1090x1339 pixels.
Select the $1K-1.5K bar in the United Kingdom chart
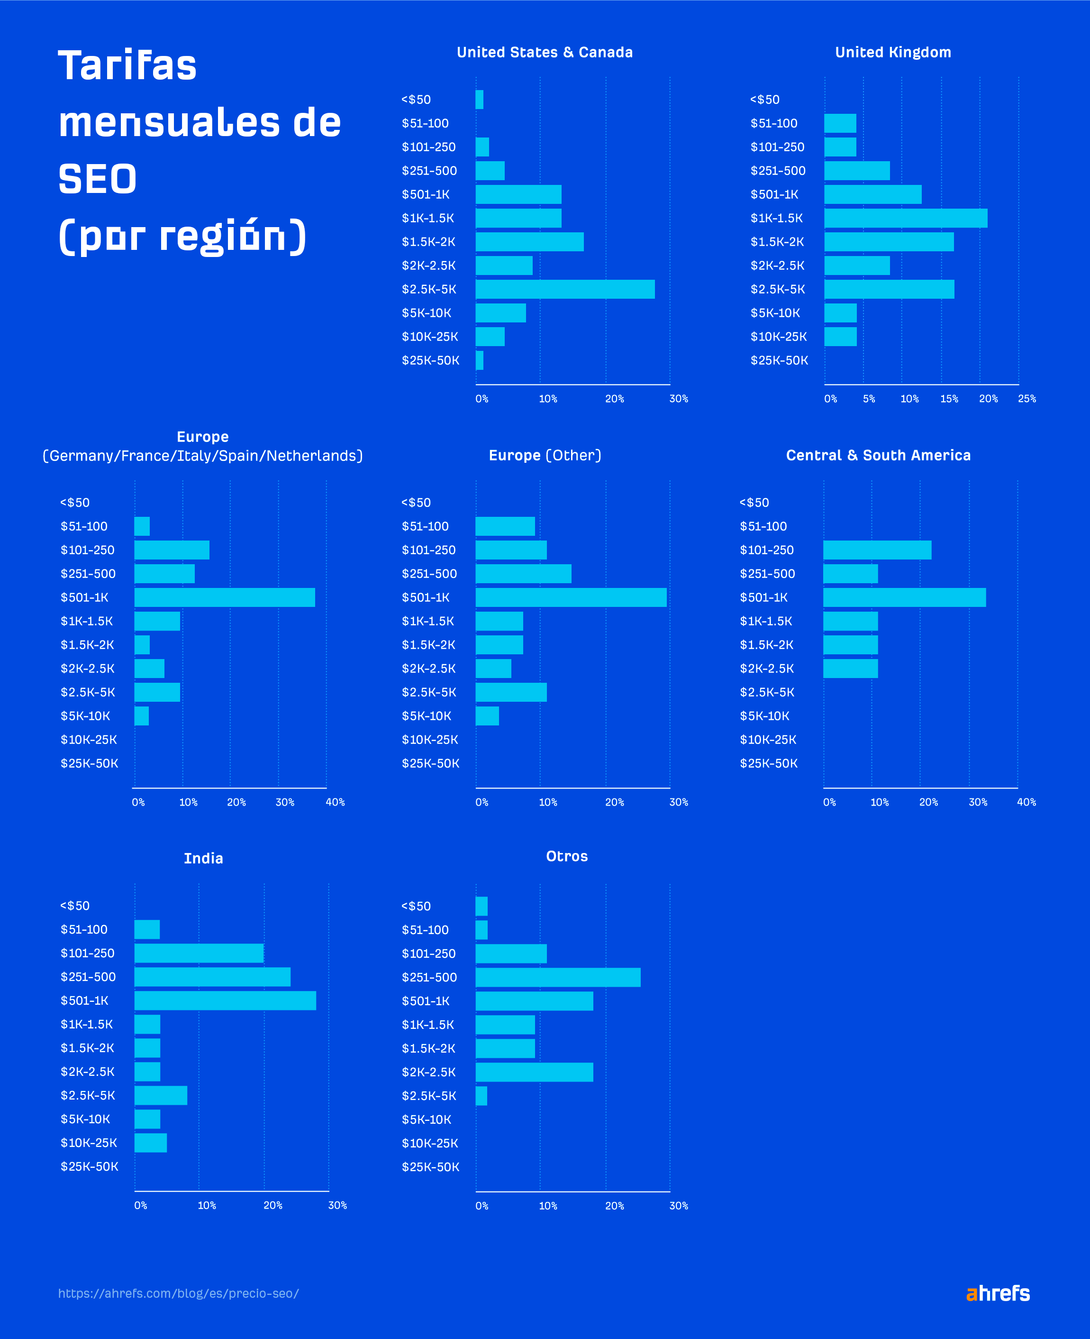(x=905, y=219)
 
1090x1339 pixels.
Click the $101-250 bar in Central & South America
(x=877, y=550)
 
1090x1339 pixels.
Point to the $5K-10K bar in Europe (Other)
(x=487, y=716)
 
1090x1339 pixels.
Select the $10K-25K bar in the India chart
(x=151, y=1142)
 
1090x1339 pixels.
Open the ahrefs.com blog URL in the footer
(x=178, y=1293)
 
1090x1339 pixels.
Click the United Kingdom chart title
(x=893, y=52)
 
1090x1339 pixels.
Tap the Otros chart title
(x=566, y=856)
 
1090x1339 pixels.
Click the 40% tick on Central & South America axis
(x=1026, y=802)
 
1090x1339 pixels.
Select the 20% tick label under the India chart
(x=272, y=1205)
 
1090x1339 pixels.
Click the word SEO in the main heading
(x=97, y=179)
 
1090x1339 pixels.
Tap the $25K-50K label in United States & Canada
(x=431, y=360)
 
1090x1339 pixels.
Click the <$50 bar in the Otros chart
(x=481, y=906)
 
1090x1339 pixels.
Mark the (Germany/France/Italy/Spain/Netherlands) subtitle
(x=202, y=456)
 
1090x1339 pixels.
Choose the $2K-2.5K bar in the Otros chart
(x=534, y=1072)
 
